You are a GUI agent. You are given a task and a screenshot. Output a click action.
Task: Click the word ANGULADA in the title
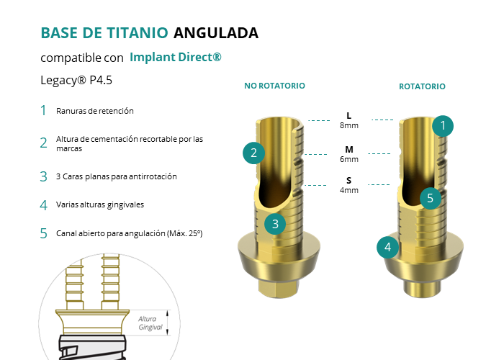tap(216, 33)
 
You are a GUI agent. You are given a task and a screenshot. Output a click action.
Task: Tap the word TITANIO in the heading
tap(138, 33)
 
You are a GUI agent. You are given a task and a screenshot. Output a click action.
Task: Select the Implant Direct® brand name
tap(176, 57)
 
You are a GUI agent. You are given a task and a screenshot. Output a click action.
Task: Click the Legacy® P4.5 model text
tap(76, 80)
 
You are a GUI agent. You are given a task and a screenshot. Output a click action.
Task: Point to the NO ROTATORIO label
tap(274, 86)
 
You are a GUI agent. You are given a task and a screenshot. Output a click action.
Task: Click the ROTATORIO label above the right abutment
tap(422, 86)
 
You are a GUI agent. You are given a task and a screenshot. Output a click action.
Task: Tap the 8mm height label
tap(349, 125)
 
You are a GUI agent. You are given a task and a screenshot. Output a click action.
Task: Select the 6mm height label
tap(349, 159)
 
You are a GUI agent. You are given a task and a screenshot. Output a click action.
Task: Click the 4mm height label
tap(349, 190)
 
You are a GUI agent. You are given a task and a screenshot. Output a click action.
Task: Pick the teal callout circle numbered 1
tap(443, 126)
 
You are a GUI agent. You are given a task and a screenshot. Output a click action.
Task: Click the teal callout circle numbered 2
tap(253, 153)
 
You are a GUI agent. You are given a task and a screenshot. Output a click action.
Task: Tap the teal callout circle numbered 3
tap(275, 224)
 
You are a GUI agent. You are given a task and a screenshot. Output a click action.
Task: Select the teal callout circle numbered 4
tap(387, 247)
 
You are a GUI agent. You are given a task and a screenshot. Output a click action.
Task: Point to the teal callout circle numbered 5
tap(431, 198)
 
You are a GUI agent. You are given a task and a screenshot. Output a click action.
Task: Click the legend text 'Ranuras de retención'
tap(95, 111)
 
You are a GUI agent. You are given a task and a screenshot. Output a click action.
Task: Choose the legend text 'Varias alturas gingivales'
tap(100, 204)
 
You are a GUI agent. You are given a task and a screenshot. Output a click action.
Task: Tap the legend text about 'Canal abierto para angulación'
tap(129, 233)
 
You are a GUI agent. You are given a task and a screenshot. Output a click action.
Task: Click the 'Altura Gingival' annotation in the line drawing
tap(150, 323)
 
